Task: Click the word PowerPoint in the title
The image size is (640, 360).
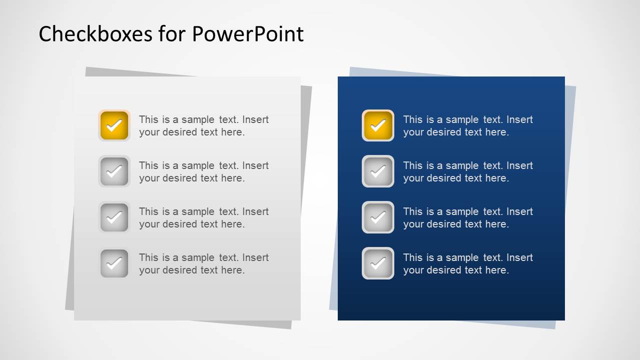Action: (248, 34)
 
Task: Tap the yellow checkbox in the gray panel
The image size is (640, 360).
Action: (114, 125)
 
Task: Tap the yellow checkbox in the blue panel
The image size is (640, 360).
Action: (378, 125)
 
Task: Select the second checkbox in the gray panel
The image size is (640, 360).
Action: (114, 171)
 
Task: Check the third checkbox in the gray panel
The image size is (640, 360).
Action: (114, 217)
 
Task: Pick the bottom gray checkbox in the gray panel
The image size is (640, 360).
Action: (114, 263)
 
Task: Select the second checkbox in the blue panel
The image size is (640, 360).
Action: (378, 171)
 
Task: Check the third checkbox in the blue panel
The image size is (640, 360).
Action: (378, 217)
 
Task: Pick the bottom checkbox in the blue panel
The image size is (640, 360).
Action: (378, 263)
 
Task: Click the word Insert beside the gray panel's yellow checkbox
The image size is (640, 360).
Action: (256, 119)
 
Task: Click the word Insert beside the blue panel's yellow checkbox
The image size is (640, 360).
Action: (520, 119)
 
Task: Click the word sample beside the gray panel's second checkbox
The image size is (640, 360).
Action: (198, 165)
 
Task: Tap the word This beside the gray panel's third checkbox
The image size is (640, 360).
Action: (149, 211)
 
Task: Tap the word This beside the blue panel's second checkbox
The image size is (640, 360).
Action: (413, 165)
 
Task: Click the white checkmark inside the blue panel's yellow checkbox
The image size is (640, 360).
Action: (378, 125)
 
